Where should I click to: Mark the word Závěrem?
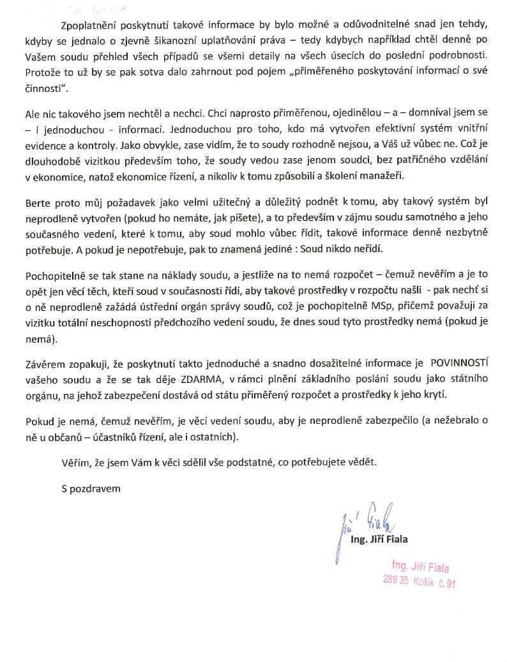pos(45,365)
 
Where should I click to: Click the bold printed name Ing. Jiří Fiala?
pos(379,539)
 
